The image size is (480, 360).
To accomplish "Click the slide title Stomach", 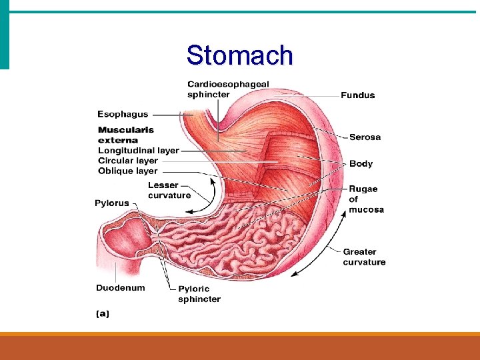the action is pyautogui.click(x=239, y=55).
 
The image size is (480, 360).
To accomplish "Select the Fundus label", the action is pyautogui.click(x=358, y=95).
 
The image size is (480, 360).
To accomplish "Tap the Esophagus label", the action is pyautogui.click(x=123, y=114).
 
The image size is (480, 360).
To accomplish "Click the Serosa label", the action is pyautogui.click(x=365, y=137).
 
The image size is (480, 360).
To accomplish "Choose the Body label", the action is pyautogui.click(x=361, y=164).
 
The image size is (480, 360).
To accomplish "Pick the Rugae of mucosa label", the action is pyautogui.click(x=366, y=199).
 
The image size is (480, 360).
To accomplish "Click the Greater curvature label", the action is pyautogui.click(x=364, y=257).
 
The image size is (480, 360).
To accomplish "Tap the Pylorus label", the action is pyautogui.click(x=112, y=203).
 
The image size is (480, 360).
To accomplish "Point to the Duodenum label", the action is pyautogui.click(x=121, y=288).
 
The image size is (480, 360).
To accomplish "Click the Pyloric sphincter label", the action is pyautogui.click(x=199, y=294).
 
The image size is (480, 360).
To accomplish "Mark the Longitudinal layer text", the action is pyautogui.click(x=139, y=151).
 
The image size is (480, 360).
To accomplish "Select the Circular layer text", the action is pyautogui.click(x=128, y=161).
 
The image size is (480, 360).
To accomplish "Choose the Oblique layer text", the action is pyautogui.click(x=128, y=171).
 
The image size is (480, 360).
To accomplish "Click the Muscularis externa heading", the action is pyautogui.click(x=126, y=135).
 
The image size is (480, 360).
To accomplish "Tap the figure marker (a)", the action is pyautogui.click(x=103, y=313).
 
